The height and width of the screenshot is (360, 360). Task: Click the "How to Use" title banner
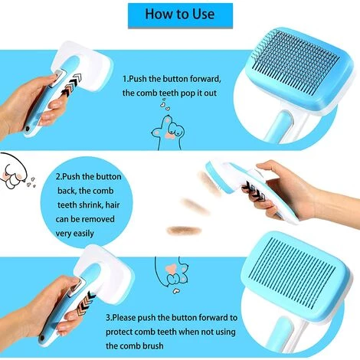[x=180, y=15]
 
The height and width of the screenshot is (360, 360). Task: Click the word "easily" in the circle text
[x=81, y=234]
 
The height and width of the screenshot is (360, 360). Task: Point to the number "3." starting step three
[x=110, y=318]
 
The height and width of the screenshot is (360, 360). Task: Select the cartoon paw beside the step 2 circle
[x=13, y=172]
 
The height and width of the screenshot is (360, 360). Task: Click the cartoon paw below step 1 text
[x=167, y=133]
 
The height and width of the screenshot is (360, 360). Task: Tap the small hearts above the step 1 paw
[x=165, y=105]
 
